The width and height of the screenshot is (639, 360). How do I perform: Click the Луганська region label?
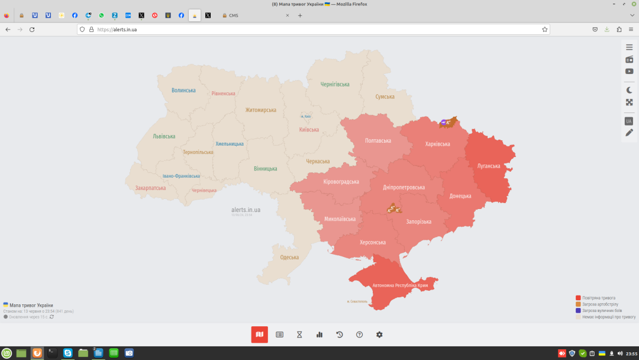tap(489, 166)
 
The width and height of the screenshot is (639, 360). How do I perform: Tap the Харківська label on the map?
tap(437, 144)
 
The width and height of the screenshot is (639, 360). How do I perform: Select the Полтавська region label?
tap(378, 140)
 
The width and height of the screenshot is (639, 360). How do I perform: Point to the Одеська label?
tap(289, 257)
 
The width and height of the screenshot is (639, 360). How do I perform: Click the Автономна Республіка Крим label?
tap(400, 285)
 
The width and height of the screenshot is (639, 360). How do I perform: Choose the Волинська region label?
tap(183, 90)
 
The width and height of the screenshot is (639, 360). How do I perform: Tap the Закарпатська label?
tap(150, 188)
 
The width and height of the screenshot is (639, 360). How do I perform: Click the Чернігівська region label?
tap(335, 84)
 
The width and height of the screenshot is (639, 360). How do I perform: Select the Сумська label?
tap(385, 97)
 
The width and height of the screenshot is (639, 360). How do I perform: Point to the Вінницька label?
tap(265, 169)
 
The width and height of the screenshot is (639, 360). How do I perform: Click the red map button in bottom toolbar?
tap(259, 335)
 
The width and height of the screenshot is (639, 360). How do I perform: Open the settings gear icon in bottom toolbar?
tap(379, 335)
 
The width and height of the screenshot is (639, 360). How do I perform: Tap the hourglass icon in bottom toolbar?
tap(299, 335)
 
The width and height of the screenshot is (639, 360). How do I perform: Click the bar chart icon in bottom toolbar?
tap(319, 335)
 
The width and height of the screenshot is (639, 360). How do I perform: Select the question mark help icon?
tap(359, 335)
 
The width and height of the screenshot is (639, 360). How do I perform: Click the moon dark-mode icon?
tap(629, 90)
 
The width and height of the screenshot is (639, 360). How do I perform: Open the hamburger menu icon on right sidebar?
tap(629, 47)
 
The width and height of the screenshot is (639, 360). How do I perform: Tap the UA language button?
tap(628, 121)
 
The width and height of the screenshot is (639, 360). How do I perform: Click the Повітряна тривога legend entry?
tap(598, 298)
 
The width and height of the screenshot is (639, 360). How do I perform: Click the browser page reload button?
tap(32, 29)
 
